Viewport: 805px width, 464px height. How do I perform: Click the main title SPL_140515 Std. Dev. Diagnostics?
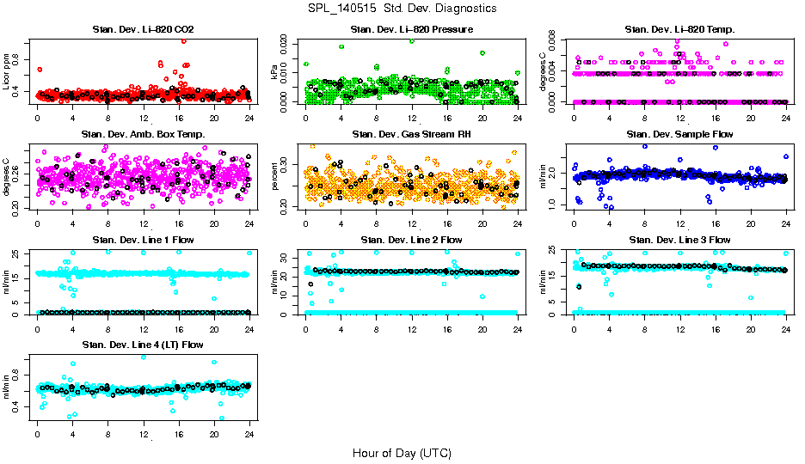402,8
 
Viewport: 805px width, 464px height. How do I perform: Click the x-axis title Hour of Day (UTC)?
402,452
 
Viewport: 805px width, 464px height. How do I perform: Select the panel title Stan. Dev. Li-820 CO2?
143,30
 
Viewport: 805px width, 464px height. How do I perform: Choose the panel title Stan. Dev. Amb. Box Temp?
143,135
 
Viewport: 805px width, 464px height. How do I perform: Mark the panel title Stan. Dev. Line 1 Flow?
143,240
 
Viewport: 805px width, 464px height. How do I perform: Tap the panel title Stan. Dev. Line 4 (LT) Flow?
143,345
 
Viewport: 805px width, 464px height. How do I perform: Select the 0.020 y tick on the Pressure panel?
289,41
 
